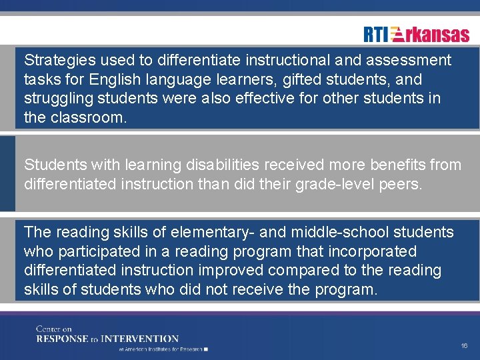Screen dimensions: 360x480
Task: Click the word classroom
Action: pyautogui.click(x=87, y=119)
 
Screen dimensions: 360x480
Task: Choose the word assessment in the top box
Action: pyautogui.click(x=410, y=61)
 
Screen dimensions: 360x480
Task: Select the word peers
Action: pyautogui.click(x=401, y=184)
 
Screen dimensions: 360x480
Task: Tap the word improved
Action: pyautogui.click(x=231, y=271)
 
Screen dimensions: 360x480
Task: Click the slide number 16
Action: pyautogui.click(x=464, y=346)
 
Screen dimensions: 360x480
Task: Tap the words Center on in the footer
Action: pyautogui.click(x=54, y=329)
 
